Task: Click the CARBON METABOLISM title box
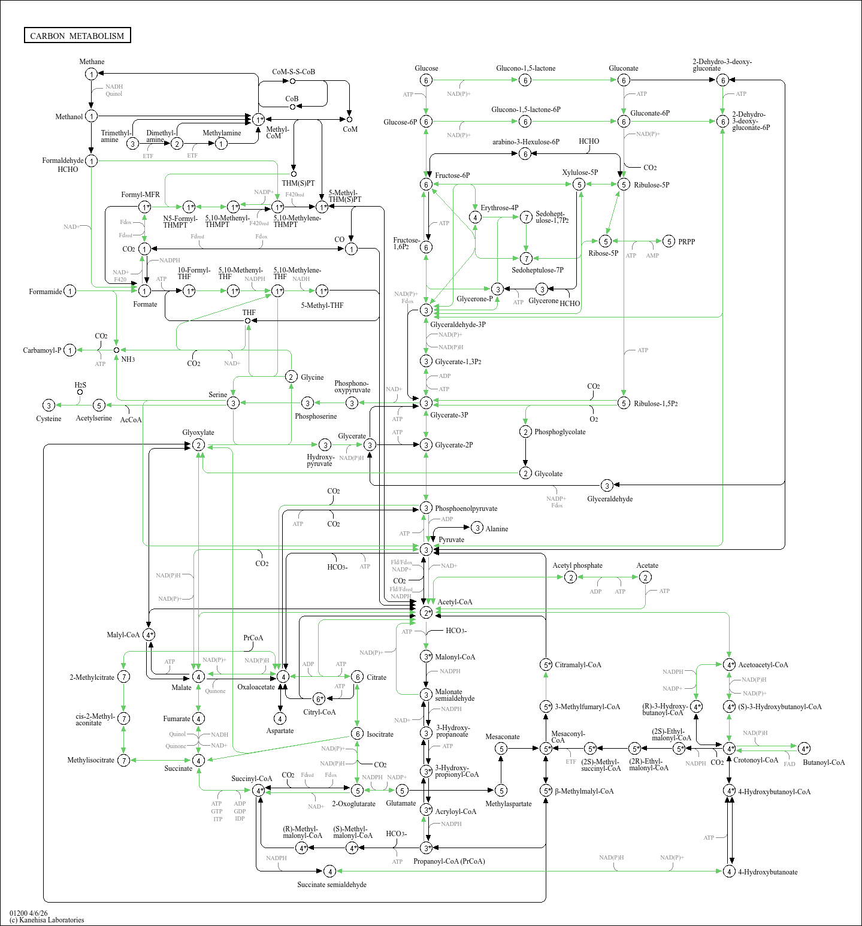click(x=77, y=35)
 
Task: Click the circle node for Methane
click(x=91, y=74)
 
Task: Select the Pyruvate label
click(x=451, y=540)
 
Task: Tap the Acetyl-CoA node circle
click(x=426, y=612)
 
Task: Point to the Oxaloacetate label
click(x=256, y=687)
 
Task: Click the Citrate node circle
click(x=357, y=677)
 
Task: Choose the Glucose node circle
click(x=426, y=80)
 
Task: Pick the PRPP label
click(x=686, y=241)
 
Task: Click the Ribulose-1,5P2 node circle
click(x=624, y=403)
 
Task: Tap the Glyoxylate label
click(x=198, y=432)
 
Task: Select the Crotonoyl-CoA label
click(x=755, y=760)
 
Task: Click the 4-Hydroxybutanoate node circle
click(x=729, y=871)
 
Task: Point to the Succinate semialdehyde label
click(x=332, y=885)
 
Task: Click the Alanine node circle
click(x=477, y=528)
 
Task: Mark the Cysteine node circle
click(x=49, y=405)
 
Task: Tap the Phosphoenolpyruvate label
click(x=466, y=509)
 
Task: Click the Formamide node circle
click(x=70, y=291)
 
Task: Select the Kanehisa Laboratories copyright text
click(x=47, y=920)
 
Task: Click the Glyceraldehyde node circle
click(x=607, y=485)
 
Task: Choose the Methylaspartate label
click(x=508, y=804)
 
